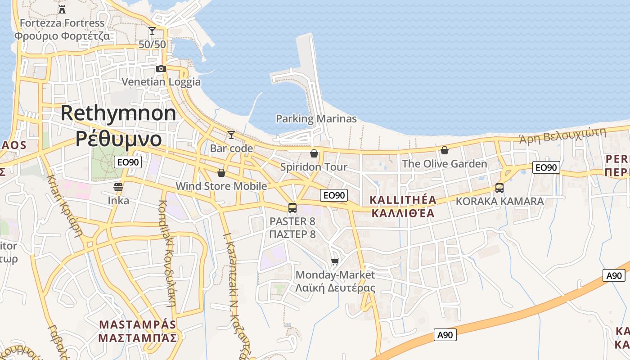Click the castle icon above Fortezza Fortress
(62, 9)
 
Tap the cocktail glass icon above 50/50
(152, 31)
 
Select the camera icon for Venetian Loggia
(161, 68)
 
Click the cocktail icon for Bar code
(231, 135)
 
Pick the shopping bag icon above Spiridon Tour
(314, 153)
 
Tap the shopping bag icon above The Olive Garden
(445, 150)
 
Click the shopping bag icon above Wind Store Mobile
(221, 173)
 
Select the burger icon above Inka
(118, 187)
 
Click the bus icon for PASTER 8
(292, 207)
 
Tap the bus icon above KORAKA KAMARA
(499, 188)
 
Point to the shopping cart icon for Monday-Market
(335, 261)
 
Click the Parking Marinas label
(316, 119)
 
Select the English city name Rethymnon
(118, 113)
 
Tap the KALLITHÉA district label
(403, 200)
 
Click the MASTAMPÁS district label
(138, 324)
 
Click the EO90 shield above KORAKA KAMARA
(546, 168)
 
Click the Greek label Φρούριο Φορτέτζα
(62, 36)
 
